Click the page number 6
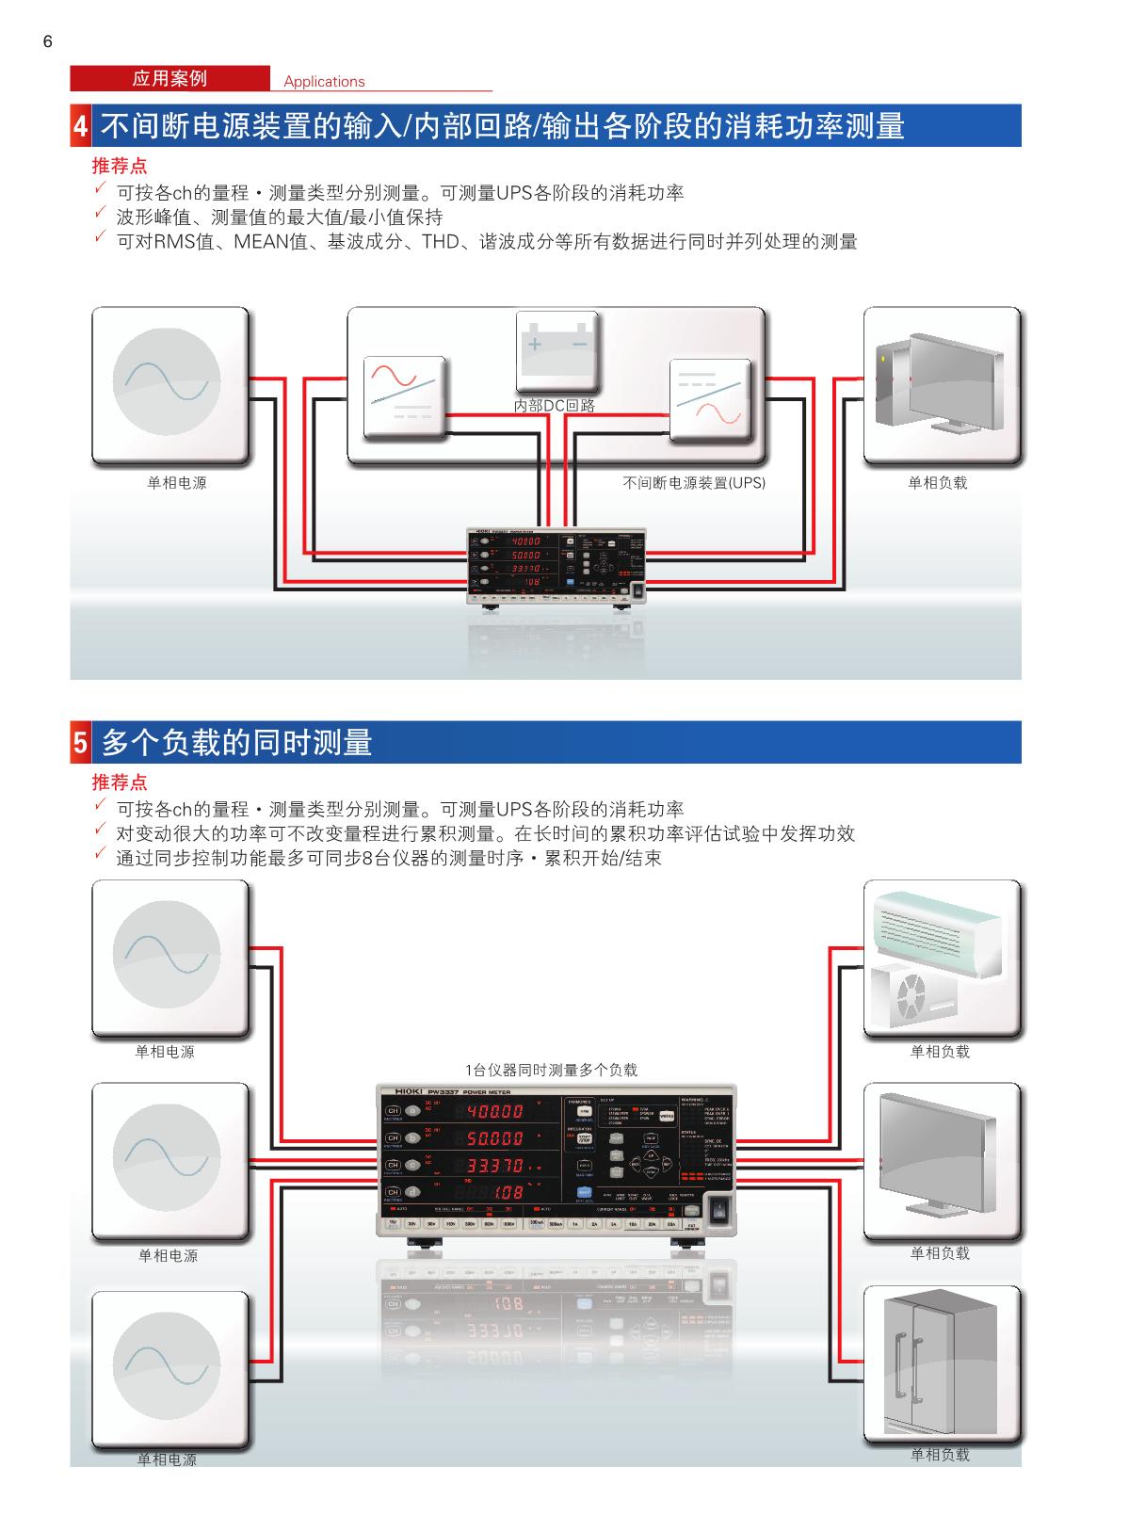tap(48, 41)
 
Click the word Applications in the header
tap(324, 81)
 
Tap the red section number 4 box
tap(81, 126)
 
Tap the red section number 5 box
tap(81, 743)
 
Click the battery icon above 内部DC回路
tap(556, 349)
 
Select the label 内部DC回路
tap(555, 406)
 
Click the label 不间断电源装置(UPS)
tap(694, 483)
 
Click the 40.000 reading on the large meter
tap(495, 1112)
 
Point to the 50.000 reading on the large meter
tap(495, 1138)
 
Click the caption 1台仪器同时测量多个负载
tap(551, 1070)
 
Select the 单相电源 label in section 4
tap(177, 483)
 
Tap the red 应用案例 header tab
tap(169, 78)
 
